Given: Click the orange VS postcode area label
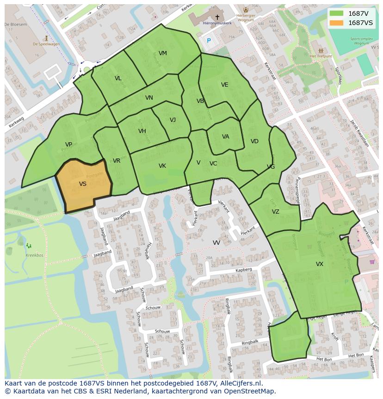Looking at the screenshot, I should tap(83, 184).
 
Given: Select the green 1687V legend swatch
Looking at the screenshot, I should tap(337, 13).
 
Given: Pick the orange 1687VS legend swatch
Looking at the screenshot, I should tap(337, 23).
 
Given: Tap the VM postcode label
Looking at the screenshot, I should tap(162, 53).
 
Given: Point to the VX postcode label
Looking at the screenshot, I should tap(320, 264).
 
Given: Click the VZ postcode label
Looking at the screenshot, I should tap(276, 212).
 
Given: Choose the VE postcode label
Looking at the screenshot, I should tap(225, 85).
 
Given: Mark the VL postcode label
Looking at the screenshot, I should tap(118, 78).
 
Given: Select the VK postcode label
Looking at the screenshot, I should tap(162, 166).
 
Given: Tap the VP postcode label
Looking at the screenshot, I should tap(68, 145).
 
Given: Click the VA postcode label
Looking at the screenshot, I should tap(225, 137).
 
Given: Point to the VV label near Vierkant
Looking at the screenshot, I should tap(216, 243).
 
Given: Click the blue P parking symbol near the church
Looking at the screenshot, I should tap(209, 41).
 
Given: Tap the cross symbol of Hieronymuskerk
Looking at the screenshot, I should tap(217, 17).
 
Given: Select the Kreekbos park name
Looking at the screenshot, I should tap(34, 255).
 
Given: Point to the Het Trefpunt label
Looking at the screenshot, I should tap(320, 56).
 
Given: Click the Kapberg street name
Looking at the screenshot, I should tap(243, 269).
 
